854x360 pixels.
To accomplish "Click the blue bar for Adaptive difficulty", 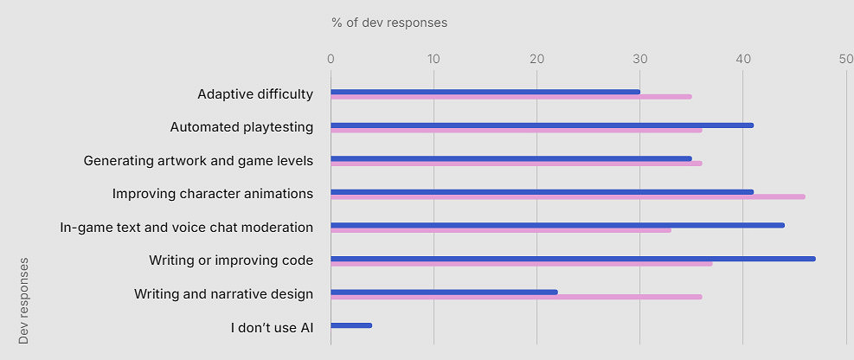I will click(485, 92).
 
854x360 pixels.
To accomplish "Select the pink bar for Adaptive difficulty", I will click(510, 97).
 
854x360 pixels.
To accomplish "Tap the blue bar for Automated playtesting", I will click(542, 125).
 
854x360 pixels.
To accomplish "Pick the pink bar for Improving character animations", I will click(568, 197).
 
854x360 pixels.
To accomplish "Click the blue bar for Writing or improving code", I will click(573, 259).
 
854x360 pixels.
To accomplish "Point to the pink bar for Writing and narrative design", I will click(516, 297).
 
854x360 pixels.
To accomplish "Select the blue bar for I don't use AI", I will click(351, 325).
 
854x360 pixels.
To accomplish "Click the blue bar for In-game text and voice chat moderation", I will click(557, 225).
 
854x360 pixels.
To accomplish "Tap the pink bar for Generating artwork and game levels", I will click(516, 164).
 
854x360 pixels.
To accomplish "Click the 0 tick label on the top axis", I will click(331, 59).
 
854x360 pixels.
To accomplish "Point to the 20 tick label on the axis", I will click(536, 59).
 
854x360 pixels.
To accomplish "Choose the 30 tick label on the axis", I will click(639, 59).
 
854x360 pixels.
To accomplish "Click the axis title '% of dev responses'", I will click(389, 22).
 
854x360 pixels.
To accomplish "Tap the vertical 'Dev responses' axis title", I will click(23, 300).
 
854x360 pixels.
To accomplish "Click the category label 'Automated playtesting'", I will click(241, 127).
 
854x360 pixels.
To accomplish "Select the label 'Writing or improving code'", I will click(231, 260).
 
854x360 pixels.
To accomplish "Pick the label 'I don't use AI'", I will click(272, 327).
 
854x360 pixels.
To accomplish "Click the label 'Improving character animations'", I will click(213, 194).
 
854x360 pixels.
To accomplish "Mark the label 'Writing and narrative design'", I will click(223, 294).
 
